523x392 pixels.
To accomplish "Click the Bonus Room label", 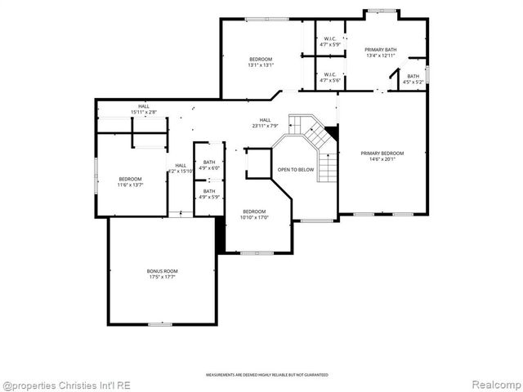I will tap(162, 271).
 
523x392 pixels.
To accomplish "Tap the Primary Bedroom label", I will tap(382, 154).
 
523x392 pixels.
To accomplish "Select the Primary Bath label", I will tap(382, 51).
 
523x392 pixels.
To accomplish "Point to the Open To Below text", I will tap(295, 170).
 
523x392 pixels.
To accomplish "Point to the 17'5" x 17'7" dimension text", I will tap(162, 278).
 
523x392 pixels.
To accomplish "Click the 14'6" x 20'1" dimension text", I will tap(382, 160).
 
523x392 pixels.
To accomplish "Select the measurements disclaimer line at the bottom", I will tap(266, 375).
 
